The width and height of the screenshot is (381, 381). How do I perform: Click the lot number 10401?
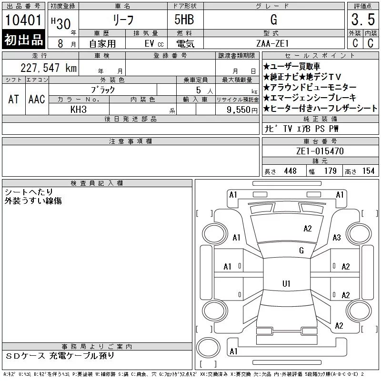coord(23,20)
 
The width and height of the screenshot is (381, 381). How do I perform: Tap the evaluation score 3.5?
coord(363,20)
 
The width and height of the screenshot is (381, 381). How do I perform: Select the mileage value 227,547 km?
coord(49,68)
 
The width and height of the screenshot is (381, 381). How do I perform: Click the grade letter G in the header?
coord(274,20)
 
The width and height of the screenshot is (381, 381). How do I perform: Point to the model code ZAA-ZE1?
coord(272,43)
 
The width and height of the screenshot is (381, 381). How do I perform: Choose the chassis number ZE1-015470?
coord(320,151)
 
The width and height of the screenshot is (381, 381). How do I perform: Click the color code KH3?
coord(79,110)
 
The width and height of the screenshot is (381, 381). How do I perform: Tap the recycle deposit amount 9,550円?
coord(242,110)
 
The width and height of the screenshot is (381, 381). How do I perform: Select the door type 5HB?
coord(184,20)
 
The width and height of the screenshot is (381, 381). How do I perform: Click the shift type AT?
coord(14,99)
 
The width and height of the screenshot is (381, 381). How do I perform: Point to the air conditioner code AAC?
coord(37,99)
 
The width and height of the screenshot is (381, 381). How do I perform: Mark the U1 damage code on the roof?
coord(286,283)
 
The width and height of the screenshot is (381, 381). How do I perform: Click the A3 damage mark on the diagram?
coord(337,237)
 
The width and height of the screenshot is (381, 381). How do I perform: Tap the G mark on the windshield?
coord(301,251)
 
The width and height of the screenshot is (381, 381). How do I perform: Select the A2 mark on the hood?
coord(308,229)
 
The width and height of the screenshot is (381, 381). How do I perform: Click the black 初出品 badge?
coord(23,40)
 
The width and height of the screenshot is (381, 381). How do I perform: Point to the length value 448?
coord(291,171)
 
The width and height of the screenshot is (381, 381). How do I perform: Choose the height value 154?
coord(369,171)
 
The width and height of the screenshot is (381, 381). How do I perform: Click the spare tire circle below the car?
coord(208,348)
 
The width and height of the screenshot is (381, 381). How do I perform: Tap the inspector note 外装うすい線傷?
coord(33,201)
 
